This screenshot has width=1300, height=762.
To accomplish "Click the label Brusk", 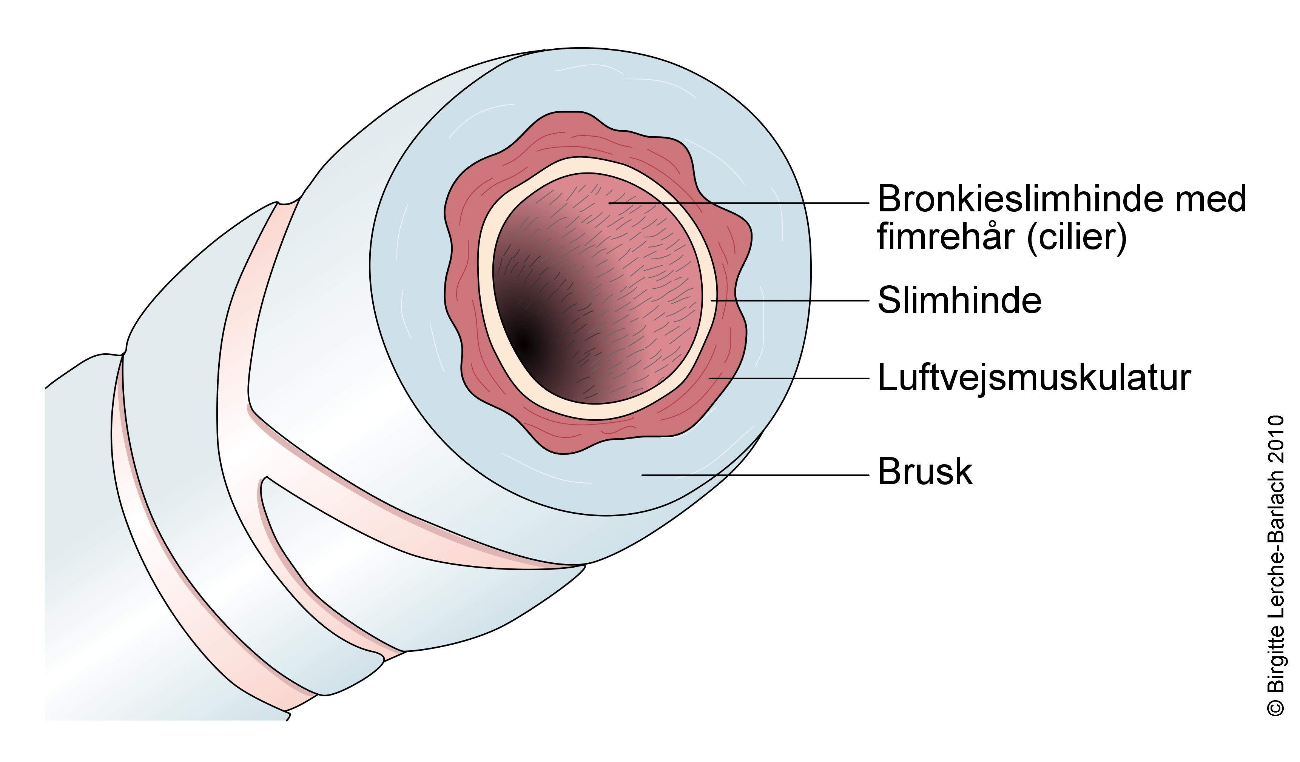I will tap(925, 472).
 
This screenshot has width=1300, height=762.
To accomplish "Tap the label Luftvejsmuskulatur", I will tap(1034, 378).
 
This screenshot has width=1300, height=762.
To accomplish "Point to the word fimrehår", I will tap(947, 238).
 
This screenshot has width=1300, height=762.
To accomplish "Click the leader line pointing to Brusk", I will tap(753, 474).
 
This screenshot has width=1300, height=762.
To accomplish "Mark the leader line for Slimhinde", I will tap(789, 300).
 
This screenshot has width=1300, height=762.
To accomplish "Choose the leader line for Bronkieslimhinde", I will tap(738, 203).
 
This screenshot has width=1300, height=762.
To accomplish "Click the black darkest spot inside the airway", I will tap(524, 342).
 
